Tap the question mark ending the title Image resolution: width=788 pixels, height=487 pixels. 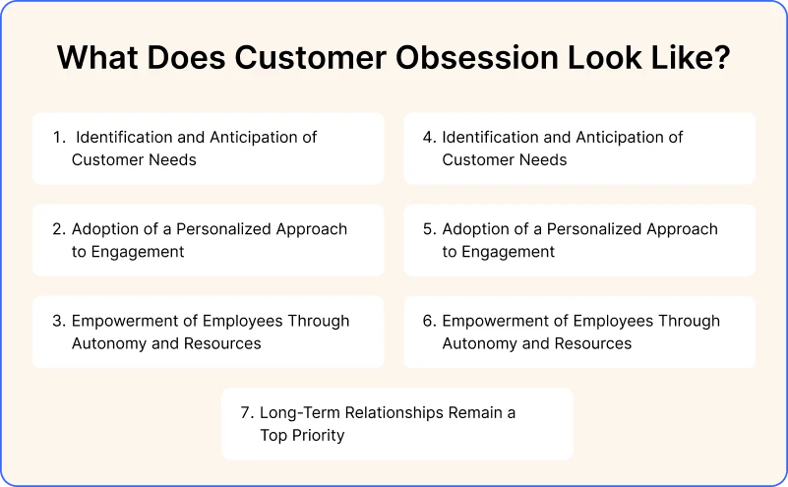point(721,59)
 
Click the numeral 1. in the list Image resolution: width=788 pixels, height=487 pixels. point(59,138)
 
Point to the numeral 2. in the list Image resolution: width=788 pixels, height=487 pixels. point(59,229)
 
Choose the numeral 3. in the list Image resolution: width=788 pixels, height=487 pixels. point(59,321)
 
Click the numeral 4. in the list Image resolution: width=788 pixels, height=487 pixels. point(430,138)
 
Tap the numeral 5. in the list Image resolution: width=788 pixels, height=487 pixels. point(430,229)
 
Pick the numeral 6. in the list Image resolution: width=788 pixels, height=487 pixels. point(430,321)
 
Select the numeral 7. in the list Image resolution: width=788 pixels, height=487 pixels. point(247,413)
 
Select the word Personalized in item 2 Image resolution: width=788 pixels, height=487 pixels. point(223,229)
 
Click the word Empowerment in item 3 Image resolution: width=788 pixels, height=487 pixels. point(121,321)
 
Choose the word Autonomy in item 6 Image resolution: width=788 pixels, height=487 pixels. point(480,343)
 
